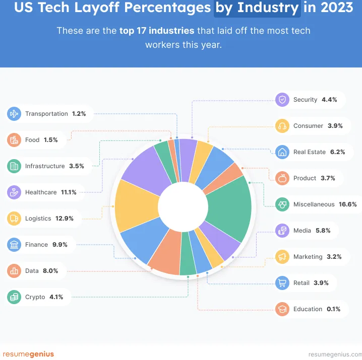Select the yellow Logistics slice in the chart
click(136, 205)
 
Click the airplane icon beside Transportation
click(14, 114)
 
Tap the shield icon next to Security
click(282, 100)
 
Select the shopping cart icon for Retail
click(282, 283)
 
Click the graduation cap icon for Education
click(282, 309)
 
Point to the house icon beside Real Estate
click(282, 152)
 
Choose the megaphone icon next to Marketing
click(282, 257)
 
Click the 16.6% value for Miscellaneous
click(348, 204)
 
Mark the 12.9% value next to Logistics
click(65, 219)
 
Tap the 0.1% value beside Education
click(333, 309)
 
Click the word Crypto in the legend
click(35, 297)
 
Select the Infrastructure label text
click(45, 166)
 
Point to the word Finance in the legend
click(36, 245)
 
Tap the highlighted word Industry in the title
click(268, 8)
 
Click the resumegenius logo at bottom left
click(28, 354)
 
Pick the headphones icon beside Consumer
click(282, 126)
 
